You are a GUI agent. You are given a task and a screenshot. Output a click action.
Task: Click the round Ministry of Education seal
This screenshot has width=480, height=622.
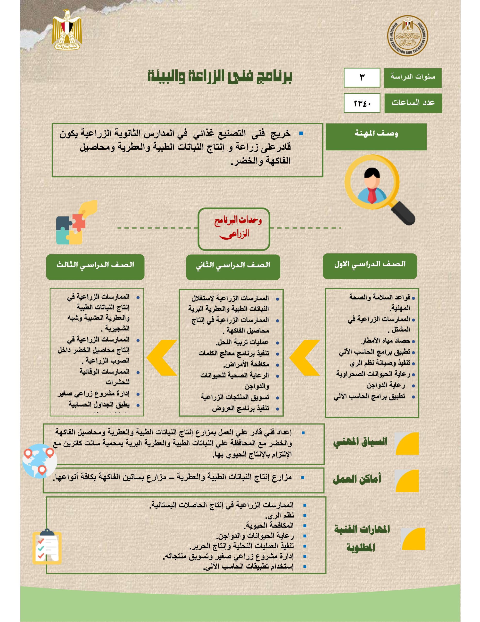(x=407, y=36)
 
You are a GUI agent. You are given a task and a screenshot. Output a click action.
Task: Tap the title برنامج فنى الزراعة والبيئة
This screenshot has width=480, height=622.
(x=220, y=76)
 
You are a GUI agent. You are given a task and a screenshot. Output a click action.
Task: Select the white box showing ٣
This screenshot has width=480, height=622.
(x=362, y=78)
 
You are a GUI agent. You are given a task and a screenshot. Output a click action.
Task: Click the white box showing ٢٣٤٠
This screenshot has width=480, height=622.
(x=362, y=103)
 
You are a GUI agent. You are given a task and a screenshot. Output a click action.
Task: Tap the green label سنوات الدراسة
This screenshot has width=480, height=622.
(x=413, y=78)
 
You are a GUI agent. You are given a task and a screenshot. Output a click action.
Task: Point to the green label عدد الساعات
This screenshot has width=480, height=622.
(x=413, y=103)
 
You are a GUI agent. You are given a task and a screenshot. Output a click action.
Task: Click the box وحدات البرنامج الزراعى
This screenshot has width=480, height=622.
(x=234, y=229)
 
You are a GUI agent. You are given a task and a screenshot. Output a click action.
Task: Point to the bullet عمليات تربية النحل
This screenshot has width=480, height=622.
(x=243, y=342)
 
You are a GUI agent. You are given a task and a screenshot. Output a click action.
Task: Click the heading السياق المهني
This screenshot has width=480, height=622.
(x=360, y=442)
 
